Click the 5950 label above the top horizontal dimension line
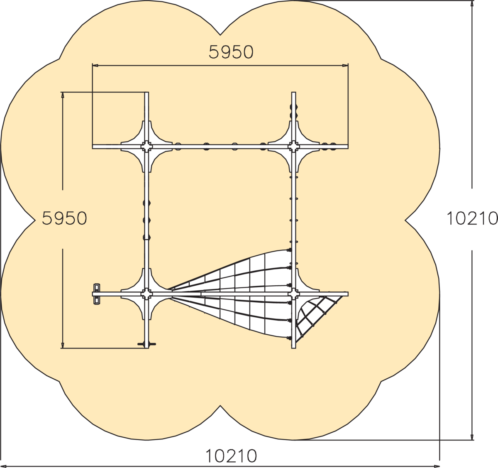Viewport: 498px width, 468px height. tap(231, 52)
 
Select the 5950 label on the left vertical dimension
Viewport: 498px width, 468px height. tap(64, 218)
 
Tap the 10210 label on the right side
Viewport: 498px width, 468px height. tap(472, 218)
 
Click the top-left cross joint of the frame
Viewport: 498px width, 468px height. tap(146, 147)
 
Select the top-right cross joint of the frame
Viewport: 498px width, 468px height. tap(294, 147)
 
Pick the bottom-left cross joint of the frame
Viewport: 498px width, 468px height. tap(146, 294)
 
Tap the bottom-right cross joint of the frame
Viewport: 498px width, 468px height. tap(294, 294)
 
